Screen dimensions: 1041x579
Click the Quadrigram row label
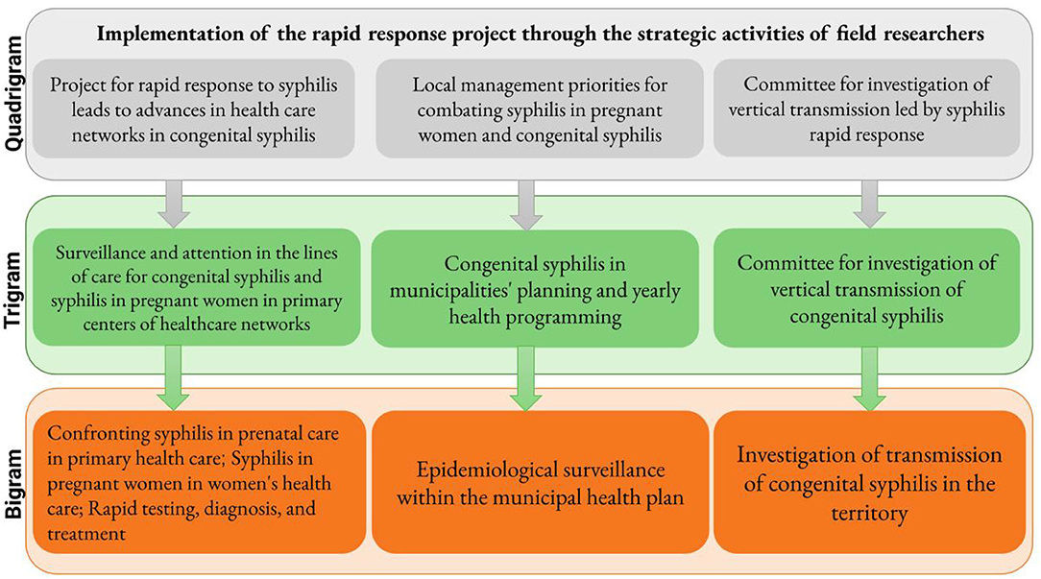coord(12,94)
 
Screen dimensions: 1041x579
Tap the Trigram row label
coord(12,290)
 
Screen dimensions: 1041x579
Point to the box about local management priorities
coord(539,109)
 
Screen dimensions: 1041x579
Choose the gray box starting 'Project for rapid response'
coord(194,109)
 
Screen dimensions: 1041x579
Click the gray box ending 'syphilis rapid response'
coord(866,109)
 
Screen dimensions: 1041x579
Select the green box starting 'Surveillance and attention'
coord(197,287)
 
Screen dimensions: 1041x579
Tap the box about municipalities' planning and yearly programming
coord(535,289)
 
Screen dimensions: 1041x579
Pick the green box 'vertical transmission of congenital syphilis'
coord(866,289)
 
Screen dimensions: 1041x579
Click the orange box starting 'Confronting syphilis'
coord(199,482)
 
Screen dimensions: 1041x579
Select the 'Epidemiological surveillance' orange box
coord(540,482)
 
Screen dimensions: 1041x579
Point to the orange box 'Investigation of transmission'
coord(870,482)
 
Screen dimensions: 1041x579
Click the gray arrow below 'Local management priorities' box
coord(526,205)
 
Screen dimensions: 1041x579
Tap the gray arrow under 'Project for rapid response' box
coord(174,205)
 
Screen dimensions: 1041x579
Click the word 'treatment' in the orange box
coord(86,534)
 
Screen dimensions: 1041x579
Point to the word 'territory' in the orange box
coord(869,514)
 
